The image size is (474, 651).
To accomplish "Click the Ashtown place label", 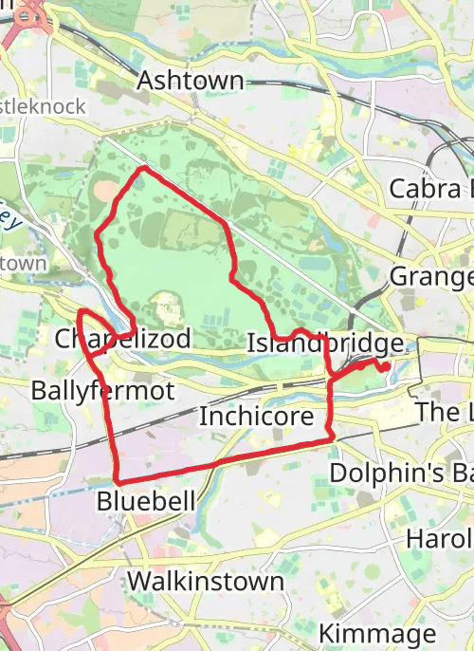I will [191, 81].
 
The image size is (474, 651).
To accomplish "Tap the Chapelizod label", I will [123, 339].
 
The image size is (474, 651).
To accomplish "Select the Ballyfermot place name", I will [102, 390].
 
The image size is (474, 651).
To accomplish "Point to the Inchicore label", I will [256, 417].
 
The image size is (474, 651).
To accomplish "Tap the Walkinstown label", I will [206, 581].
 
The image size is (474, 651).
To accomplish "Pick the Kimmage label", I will [377, 633].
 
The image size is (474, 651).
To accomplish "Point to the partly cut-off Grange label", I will [431, 277].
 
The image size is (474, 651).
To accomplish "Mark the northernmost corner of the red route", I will [143, 169].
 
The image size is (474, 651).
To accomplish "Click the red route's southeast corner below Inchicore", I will [332, 438].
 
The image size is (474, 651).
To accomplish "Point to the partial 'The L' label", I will [444, 412].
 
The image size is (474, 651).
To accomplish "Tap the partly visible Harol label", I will [439, 538].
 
